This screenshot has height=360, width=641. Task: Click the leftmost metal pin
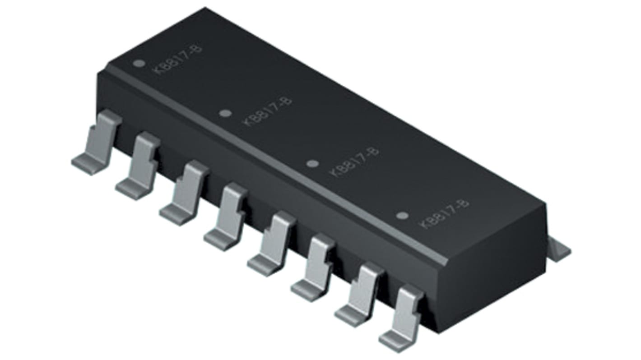(98, 142)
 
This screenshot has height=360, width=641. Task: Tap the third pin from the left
(186, 193)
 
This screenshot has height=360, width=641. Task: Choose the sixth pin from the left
(318, 267)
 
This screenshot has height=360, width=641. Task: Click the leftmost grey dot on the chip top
(140, 64)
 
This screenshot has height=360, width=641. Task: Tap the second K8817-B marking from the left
(267, 111)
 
